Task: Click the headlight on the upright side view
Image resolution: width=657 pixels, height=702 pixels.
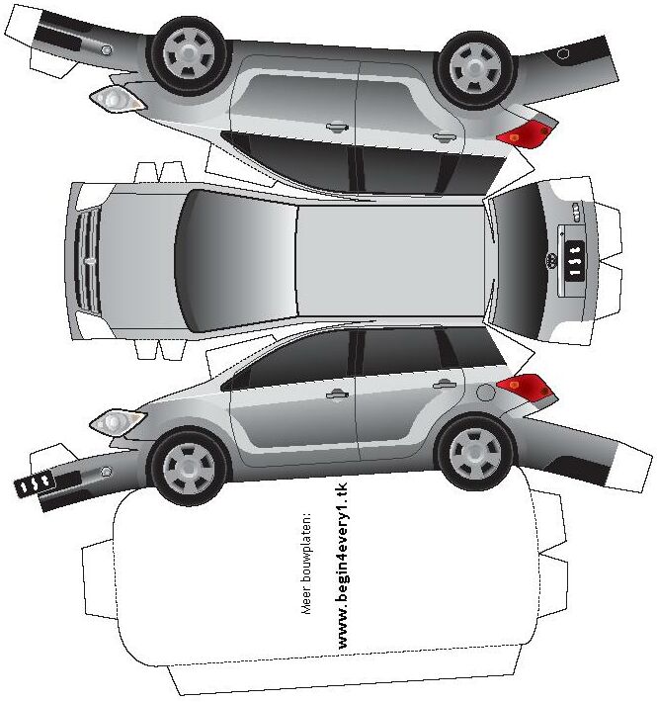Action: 116,422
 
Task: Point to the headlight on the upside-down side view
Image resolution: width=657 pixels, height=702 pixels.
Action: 114,98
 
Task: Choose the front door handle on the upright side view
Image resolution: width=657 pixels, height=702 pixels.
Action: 338,395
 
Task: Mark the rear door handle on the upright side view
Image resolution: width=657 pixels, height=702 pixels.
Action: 445,385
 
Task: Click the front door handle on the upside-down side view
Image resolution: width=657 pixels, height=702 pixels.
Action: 337,127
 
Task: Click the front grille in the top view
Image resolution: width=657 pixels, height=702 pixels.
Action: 87,260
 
